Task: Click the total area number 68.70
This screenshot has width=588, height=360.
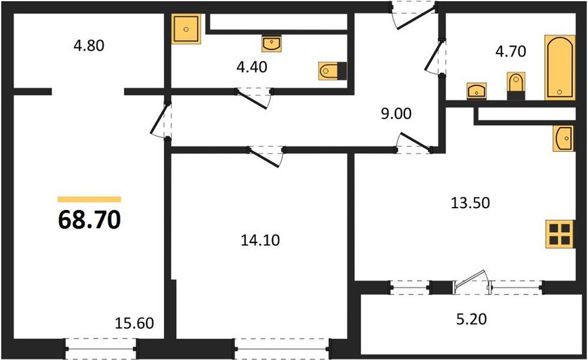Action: [x=90, y=220]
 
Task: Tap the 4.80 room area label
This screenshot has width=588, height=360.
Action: [x=89, y=46]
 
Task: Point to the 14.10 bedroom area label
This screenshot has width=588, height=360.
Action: [x=260, y=241]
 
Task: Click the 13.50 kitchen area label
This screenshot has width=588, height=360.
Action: [x=470, y=203]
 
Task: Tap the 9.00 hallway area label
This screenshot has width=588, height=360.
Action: [x=396, y=113]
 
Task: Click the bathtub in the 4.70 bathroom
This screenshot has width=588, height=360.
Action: [x=560, y=67]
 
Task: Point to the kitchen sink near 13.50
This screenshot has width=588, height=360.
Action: [x=564, y=139]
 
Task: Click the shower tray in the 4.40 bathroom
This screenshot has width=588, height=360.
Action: [x=187, y=28]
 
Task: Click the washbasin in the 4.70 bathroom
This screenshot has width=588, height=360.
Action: [x=477, y=90]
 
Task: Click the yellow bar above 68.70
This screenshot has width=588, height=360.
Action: [x=89, y=199]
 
